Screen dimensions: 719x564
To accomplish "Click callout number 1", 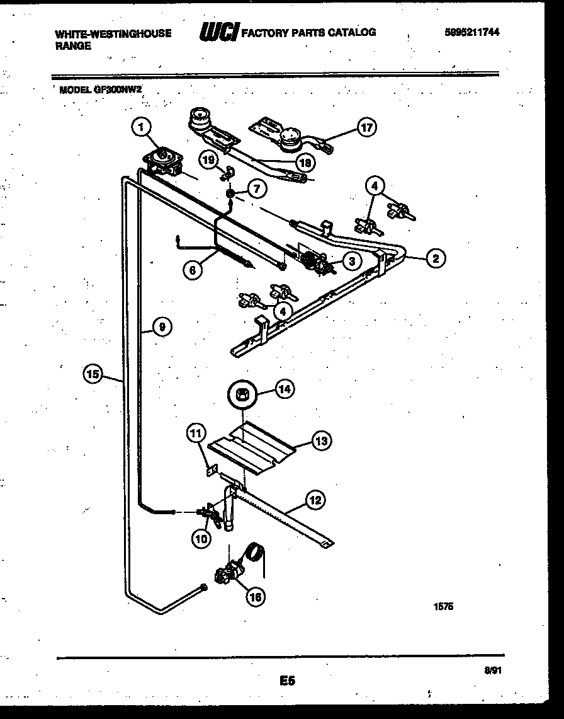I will click(x=142, y=128).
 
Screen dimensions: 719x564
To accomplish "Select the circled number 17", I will click(x=366, y=128).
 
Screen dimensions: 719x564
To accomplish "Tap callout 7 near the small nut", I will click(x=256, y=188).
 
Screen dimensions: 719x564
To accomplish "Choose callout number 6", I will click(x=193, y=270).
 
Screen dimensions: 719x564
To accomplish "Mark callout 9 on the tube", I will click(x=162, y=327).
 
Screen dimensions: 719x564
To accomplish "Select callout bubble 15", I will click(x=93, y=374).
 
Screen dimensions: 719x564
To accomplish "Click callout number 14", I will click(x=284, y=390).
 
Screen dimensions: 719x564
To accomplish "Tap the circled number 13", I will click(x=321, y=441).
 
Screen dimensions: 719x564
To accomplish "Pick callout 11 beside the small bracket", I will click(x=196, y=433).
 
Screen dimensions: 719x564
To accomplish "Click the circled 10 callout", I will click(x=202, y=538).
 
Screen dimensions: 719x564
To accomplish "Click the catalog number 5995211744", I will click(x=471, y=33).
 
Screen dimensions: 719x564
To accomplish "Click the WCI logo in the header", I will click(x=217, y=32).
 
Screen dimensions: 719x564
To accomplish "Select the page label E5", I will click(x=287, y=681).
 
